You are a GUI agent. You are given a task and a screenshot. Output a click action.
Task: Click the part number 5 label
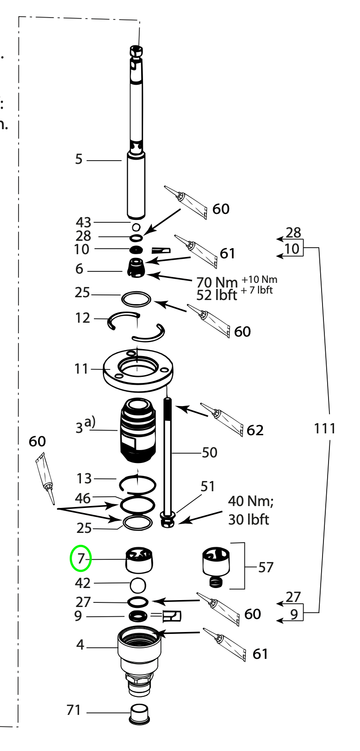pyautogui.click(x=79, y=159)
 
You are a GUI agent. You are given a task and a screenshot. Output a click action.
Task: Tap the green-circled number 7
pyautogui.click(x=81, y=559)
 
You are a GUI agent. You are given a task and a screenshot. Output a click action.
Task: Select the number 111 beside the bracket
pyautogui.click(x=324, y=428)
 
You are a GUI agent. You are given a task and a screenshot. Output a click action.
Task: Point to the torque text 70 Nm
pyautogui.click(x=217, y=282)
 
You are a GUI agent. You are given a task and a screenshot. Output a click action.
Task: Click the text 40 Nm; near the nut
pyautogui.click(x=254, y=501)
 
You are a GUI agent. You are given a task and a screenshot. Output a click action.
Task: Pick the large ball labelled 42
pyautogui.click(x=138, y=585)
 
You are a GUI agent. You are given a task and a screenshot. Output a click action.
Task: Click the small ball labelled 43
pyautogui.click(x=136, y=227)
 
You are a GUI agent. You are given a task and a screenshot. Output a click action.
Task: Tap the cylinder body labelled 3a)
pyautogui.click(x=137, y=429)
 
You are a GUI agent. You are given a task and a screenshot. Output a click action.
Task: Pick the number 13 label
pyautogui.click(x=84, y=478)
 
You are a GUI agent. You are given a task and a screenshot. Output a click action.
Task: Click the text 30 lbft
pyautogui.click(x=248, y=519)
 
